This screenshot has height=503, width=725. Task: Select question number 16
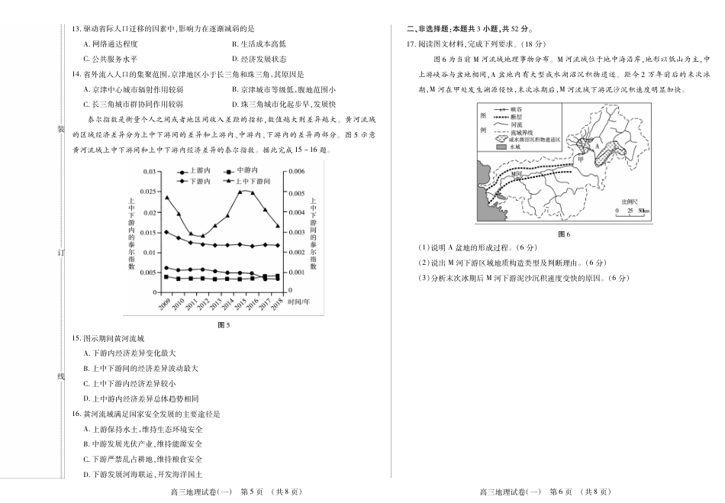(76, 414)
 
